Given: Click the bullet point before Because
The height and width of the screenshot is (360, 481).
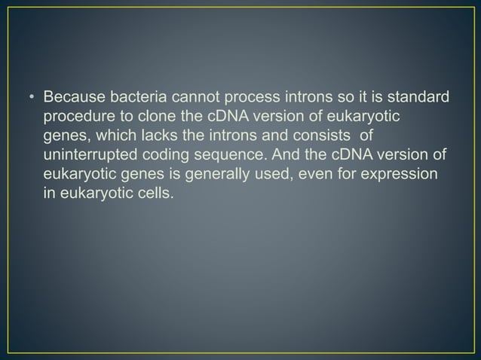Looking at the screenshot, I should click(x=32, y=99).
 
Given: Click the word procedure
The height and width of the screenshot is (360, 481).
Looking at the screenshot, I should click(x=76, y=118).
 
